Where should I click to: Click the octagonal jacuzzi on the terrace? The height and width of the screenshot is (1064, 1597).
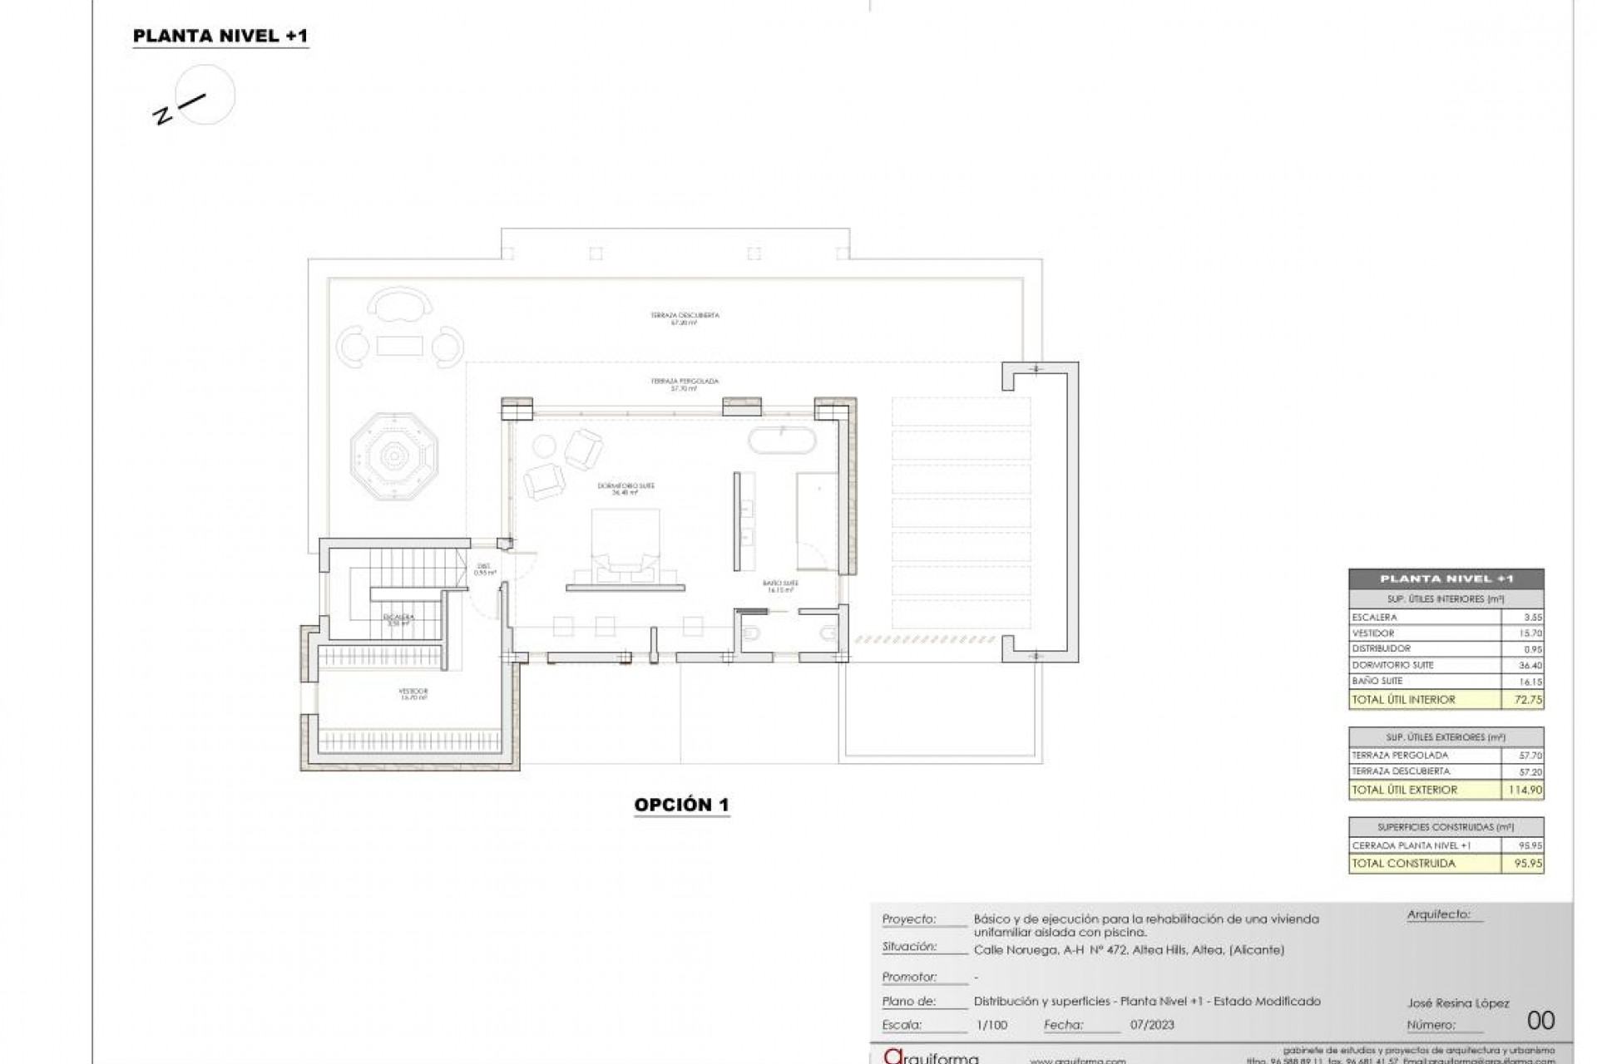393,456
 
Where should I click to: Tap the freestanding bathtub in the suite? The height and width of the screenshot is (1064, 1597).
782,441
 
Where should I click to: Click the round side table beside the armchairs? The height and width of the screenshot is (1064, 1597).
545,448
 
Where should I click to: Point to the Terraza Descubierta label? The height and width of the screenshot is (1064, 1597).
685,315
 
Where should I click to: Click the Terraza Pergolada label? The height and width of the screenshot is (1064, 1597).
685,381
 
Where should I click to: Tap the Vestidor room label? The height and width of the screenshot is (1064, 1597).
413,691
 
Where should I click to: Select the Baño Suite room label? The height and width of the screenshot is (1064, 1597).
780,584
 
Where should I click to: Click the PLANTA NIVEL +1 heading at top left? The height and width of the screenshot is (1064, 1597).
220,36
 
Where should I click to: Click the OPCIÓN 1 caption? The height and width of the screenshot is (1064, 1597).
681,805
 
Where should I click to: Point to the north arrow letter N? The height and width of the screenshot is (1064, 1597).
162,116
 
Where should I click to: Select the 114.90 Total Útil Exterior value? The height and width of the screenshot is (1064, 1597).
1525,790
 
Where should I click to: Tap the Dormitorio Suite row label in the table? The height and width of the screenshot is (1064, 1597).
1392,665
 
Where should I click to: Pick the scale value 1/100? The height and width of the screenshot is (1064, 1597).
991,1025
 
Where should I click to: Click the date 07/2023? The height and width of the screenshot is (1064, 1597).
1152,1025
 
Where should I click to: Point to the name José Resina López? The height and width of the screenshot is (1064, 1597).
1458,1003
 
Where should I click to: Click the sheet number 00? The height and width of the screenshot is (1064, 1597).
1540,1020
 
